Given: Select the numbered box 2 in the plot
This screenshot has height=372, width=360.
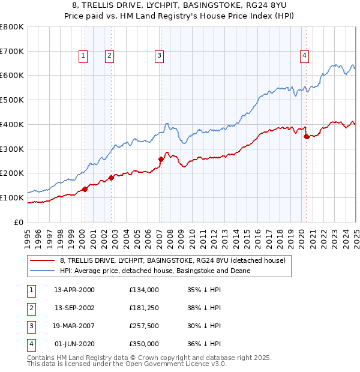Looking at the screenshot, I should tap(109, 56).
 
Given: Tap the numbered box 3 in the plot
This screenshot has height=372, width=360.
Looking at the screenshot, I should tap(159, 56).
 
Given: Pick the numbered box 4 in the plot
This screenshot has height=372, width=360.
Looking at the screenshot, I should tap(305, 56).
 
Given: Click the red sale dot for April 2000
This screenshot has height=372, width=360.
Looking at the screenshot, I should tap(85, 189).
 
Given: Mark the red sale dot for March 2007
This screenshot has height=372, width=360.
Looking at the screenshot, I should tap(161, 159).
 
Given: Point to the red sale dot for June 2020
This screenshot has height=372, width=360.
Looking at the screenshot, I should tap(307, 136).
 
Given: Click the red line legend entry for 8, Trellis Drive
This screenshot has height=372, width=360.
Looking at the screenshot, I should tap(173, 260).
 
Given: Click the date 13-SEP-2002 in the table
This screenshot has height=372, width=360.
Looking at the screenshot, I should tap(74, 308).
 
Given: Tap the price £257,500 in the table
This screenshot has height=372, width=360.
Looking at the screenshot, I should tap(144, 326).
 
